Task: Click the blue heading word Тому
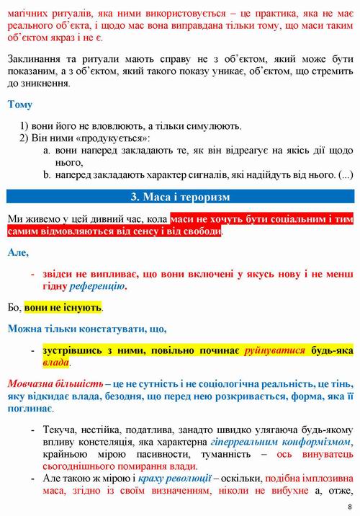pos(19,104)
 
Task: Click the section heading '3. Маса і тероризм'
pos(180,197)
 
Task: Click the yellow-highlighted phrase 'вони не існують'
pos(62,308)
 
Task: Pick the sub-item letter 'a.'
pos(46,151)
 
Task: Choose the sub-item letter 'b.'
pos(46,175)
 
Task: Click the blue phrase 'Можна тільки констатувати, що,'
pos(86,329)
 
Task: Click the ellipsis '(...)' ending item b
pos(346,175)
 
